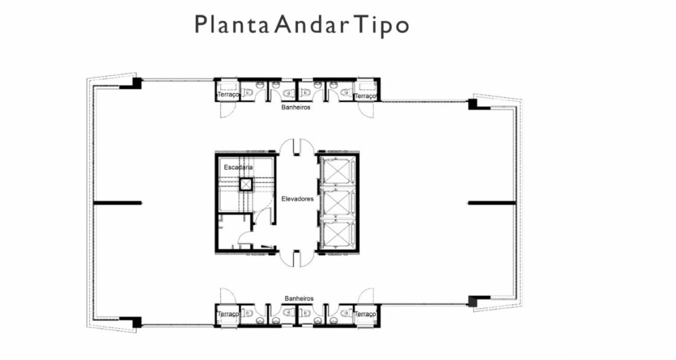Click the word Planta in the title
tap(232, 24)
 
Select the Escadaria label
tap(238, 167)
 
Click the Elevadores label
tap(297, 198)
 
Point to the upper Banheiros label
tap(296, 107)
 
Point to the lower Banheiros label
tap(299, 298)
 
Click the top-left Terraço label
tap(228, 94)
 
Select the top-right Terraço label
tap(365, 96)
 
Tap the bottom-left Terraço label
tap(228, 314)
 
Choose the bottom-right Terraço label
tap(365, 314)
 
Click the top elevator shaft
tap(337, 170)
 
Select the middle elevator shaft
tap(337, 202)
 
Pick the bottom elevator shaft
tap(337, 234)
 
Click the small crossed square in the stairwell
tap(246, 185)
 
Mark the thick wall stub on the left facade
tap(117, 203)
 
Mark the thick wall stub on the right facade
tap(492, 203)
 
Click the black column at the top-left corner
tap(137, 83)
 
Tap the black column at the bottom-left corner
tap(137, 323)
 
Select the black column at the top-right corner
tap(473, 105)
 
